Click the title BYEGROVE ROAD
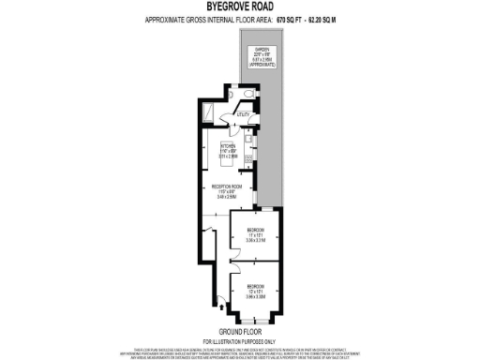(x=239, y=7)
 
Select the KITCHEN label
(x=228, y=147)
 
